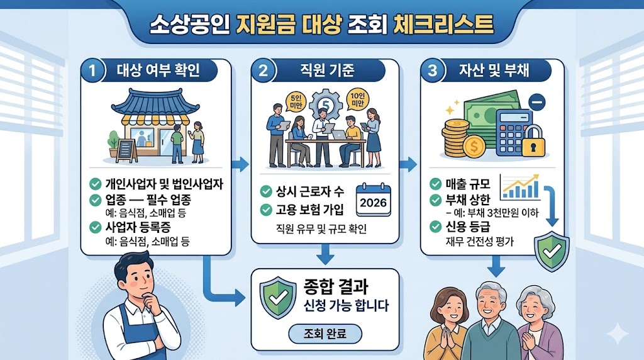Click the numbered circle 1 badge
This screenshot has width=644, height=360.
(x=93, y=71)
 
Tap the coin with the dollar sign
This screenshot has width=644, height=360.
(x=473, y=147)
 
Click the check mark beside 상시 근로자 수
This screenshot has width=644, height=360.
(x=265, y=191)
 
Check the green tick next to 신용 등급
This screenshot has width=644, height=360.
(x=435, y=227)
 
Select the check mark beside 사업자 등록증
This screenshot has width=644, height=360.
(x=95, y=227)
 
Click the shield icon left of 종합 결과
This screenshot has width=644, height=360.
(x=277, y=296)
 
